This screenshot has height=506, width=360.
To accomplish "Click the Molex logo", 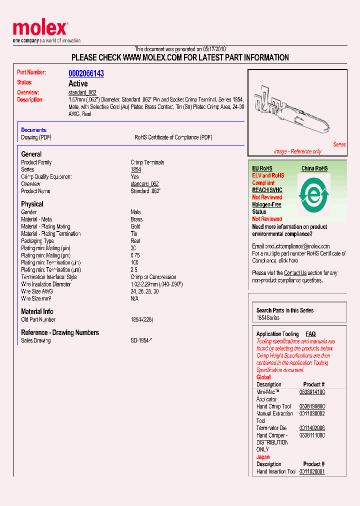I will point(40,29).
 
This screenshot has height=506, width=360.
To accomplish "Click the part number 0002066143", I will point(86,73).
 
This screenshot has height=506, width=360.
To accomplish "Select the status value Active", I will point(78,83).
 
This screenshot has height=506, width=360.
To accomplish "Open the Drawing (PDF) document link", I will point(36,137).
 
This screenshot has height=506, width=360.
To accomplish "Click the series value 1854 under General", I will point(135,169).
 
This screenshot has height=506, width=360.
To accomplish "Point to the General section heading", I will point(31,154).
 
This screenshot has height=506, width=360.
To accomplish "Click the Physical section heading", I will point(32,204).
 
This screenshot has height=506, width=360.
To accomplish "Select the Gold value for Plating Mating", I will point(135,226).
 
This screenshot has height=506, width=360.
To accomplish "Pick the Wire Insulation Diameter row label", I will point(46,284).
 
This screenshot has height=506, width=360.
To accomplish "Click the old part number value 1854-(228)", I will point(142,319).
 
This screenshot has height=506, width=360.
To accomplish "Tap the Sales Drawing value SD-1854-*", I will point(141,340).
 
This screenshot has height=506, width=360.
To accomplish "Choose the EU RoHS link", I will point(262,168).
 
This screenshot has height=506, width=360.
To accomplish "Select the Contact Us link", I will point(295,273).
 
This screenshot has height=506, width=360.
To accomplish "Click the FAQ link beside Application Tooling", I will point(310,334).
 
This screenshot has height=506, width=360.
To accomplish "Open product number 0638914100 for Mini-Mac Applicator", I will point(312,392).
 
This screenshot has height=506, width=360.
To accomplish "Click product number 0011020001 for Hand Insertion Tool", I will point(312,471).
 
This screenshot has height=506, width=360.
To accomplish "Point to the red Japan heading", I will point(263,457).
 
